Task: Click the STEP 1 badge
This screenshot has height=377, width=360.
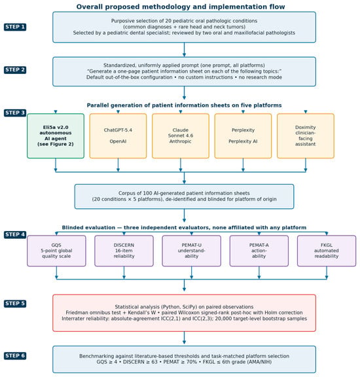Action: tap(15, 27)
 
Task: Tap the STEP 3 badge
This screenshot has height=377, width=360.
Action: tap(15, 113)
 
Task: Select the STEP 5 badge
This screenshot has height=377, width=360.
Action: tap(15, 304)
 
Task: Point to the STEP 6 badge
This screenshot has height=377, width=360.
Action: tap(15, 356)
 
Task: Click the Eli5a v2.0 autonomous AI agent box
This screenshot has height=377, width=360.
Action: tap(56, 136)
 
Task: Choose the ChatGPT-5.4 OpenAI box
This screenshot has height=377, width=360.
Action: tap(118, 136)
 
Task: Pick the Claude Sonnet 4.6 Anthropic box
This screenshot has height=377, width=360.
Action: tap(181, 136)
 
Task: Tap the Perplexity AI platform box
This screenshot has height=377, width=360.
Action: tap(243, 136)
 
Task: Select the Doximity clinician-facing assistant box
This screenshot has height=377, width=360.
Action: tap(306, 136)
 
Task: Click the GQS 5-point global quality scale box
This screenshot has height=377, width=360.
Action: tap(56, 251)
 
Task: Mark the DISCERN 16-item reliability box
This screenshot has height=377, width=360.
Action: tap(124, 251)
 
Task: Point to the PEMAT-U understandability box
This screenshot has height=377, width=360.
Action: tap(192, 251)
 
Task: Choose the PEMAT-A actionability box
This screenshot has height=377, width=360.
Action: tap(259, 251)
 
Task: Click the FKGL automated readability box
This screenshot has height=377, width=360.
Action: tap(327, 251)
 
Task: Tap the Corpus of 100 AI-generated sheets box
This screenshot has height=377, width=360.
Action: tap(184, 196)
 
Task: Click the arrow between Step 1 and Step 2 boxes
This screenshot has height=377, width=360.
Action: tap(184, 50)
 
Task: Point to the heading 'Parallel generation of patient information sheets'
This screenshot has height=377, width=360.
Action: tap(184, 105)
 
